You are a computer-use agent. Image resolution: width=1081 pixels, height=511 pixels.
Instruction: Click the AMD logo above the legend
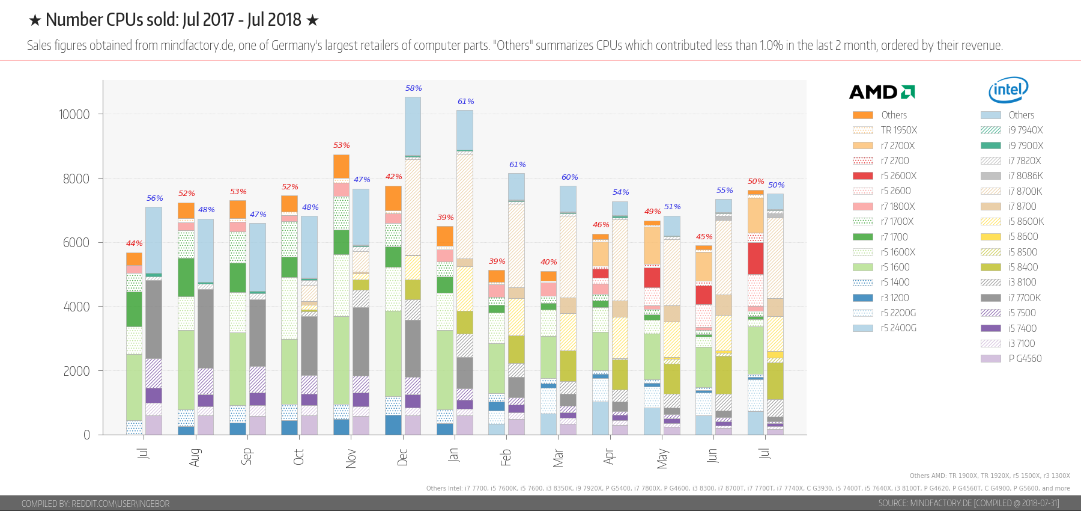(x=882, y=92)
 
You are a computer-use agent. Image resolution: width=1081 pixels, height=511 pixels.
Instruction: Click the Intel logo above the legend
(x=1008, y=90)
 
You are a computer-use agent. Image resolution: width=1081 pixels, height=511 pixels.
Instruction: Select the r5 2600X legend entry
(x=898, y=176)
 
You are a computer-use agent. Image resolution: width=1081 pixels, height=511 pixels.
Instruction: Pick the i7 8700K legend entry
(x=1025, y=191)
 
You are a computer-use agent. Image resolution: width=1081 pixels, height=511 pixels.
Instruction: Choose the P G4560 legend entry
(x=1025, y=359)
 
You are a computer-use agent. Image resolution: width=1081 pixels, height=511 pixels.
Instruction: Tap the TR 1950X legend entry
(x=898, y=130)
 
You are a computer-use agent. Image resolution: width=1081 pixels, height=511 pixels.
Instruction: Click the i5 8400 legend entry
(x=1023, y=268)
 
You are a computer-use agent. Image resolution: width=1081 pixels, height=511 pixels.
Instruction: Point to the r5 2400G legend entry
(x=898, y=328)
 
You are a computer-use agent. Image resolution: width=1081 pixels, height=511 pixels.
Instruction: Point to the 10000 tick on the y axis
(x=74, y=114)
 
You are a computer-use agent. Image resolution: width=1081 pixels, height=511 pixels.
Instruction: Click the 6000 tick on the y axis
(x=76, y=242)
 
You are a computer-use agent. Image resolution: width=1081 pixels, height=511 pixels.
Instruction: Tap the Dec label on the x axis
(x=402, y=457)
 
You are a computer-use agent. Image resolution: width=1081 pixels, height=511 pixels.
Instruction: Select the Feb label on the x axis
(x=506, y=457)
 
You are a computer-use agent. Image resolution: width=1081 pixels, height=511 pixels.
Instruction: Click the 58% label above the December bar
(x=413, y=88)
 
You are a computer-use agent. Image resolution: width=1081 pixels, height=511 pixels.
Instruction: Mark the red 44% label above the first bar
(x=134, y=243)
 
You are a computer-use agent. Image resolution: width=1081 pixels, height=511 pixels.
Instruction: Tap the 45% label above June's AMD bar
(x=704, y=237)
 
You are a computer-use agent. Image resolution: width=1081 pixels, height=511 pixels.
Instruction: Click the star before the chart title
(x=35, y=20)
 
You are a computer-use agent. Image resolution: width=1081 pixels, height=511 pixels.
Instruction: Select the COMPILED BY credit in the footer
(x=95, y=504)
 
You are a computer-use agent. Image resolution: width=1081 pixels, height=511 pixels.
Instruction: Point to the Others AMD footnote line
(x=989, y=476)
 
